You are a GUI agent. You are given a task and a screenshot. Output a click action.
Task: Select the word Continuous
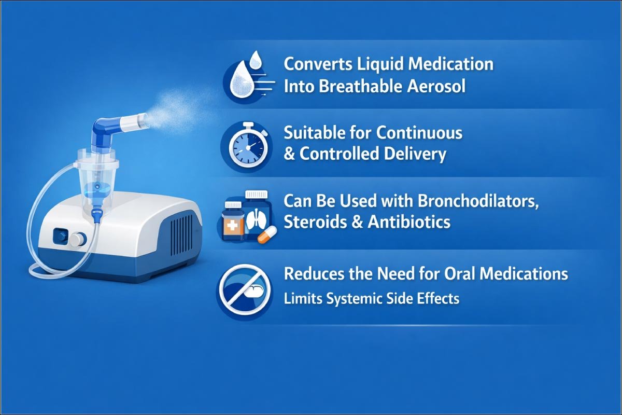419,133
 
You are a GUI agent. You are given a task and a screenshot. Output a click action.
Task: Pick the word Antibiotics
409,222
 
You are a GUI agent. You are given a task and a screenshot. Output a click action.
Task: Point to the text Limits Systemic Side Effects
372,299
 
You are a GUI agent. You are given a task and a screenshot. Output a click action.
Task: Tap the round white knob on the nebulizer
78,239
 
